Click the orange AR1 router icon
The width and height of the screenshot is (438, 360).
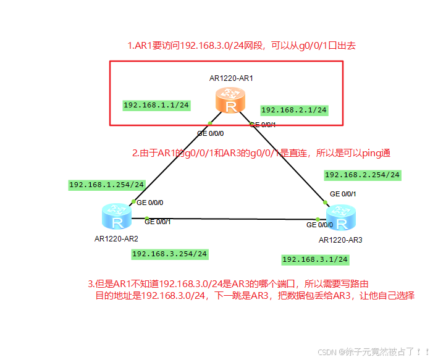click(x=231, y=101)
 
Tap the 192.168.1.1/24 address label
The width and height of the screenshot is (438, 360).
click(x=156, y=105)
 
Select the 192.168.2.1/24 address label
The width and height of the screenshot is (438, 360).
click(x=294, y=111)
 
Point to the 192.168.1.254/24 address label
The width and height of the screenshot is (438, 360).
click(x=107, y=185)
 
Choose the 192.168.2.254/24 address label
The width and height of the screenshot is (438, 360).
click(x=363, y=175)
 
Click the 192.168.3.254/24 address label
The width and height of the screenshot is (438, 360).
click(x=170, y=254)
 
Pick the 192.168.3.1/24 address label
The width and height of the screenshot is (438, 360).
click(x=315, y=259)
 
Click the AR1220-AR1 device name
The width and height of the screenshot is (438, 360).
click(x=231, y=78)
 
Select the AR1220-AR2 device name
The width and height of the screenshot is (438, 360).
click(x=116, y=238)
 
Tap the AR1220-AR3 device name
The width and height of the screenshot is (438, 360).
click(x=340, y=240)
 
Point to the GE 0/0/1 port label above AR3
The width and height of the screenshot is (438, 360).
click(x=343, y=193)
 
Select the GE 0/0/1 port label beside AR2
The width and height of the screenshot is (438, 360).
click(x=158, y=222)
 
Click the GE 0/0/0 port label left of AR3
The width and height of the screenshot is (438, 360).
click(x=319, y=225)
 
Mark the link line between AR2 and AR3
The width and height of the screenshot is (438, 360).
click(x=235, y=218)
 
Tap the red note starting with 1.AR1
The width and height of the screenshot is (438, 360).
click(x=242, y=46)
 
